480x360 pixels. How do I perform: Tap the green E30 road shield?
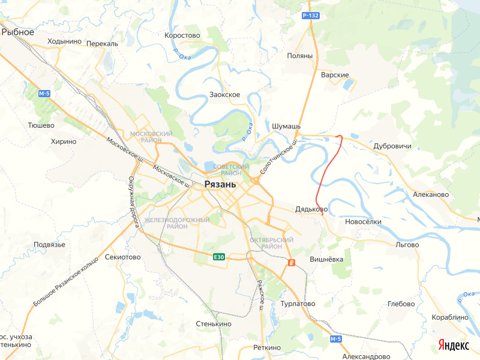pos(219,257)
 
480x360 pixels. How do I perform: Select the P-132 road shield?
pos(310,15)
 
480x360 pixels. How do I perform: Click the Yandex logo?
pos(453,345)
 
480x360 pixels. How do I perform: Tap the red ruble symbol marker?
pos(291,263)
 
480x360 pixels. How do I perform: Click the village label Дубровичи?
pos(392,146)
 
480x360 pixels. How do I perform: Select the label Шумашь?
pos(286,127)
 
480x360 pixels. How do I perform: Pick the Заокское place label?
pos(225,95)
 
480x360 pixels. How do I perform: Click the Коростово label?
pos(182,35)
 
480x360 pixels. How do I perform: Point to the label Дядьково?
pos(310,209)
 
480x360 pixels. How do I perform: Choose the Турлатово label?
pos(298,304)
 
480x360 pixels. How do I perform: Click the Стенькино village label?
pos(214,324)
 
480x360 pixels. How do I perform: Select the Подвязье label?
pos(49,244)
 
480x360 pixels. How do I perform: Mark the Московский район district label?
pos(151,137)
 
